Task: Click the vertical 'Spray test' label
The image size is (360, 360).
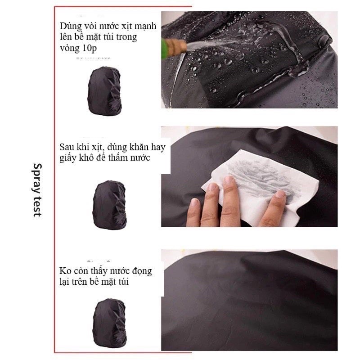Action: [37, 189]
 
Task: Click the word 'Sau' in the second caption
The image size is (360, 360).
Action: [67, 147]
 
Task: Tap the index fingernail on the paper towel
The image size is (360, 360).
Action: [229, 181]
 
